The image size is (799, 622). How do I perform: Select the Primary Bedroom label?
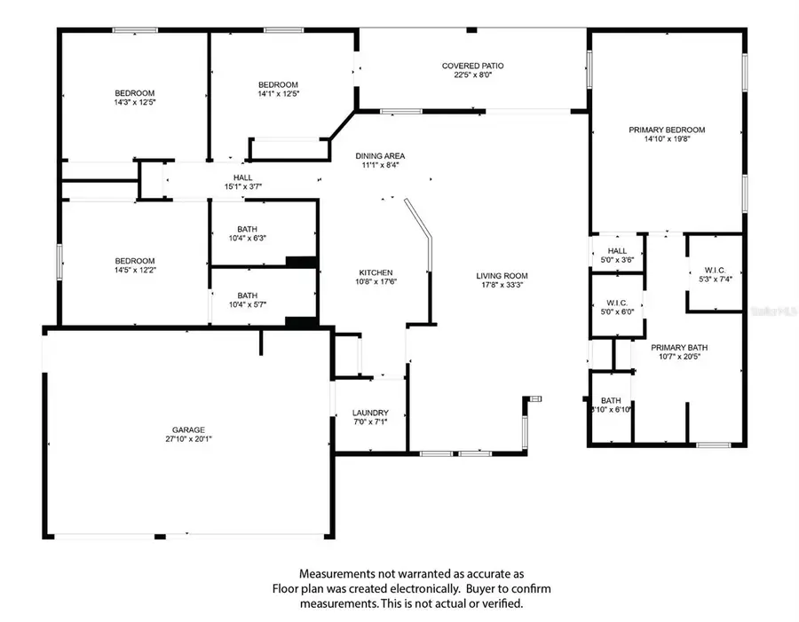(x=667, y=130)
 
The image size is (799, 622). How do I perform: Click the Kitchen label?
(x=376, y=272)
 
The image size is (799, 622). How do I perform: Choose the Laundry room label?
(x=370, y=413)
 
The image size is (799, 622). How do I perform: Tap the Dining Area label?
(x=381, y=155)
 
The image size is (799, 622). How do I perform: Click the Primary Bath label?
(x=678, y=348)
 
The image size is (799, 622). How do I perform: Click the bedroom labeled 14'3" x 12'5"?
(x=135, y=98)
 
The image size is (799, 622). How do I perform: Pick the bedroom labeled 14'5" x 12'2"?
(x=135, y=265)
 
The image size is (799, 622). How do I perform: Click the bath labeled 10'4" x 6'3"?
(x=247, y=233)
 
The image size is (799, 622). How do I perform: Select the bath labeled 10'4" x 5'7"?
(x=247, y=300)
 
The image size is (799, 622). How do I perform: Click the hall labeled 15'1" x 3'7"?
(x=242, y=182)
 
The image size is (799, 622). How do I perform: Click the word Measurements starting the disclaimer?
(x=336, y=574)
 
